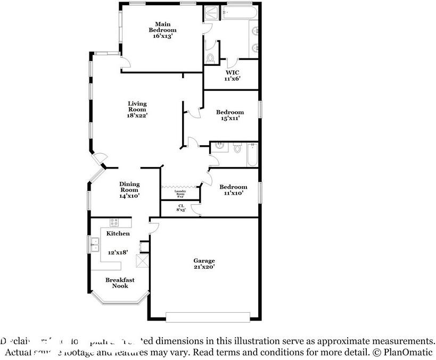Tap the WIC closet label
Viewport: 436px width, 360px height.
point(232,75)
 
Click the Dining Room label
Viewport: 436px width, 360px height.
point(129,190)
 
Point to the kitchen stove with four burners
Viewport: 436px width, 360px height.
point(114,222)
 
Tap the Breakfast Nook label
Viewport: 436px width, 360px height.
point(119,283)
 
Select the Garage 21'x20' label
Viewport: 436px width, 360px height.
point(204,264)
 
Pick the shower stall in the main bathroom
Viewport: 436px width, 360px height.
point(213,12)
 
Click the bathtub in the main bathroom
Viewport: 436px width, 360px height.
point(240,12)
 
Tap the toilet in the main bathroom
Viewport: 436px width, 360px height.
point(210,58)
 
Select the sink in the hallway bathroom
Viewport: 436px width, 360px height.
point(222,147)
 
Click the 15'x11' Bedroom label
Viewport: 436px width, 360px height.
point(230,115)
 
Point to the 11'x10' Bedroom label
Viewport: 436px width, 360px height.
point(233,190)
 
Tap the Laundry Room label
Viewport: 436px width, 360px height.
point(180,194)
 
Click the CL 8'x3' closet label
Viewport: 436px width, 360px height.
point(181,208)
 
